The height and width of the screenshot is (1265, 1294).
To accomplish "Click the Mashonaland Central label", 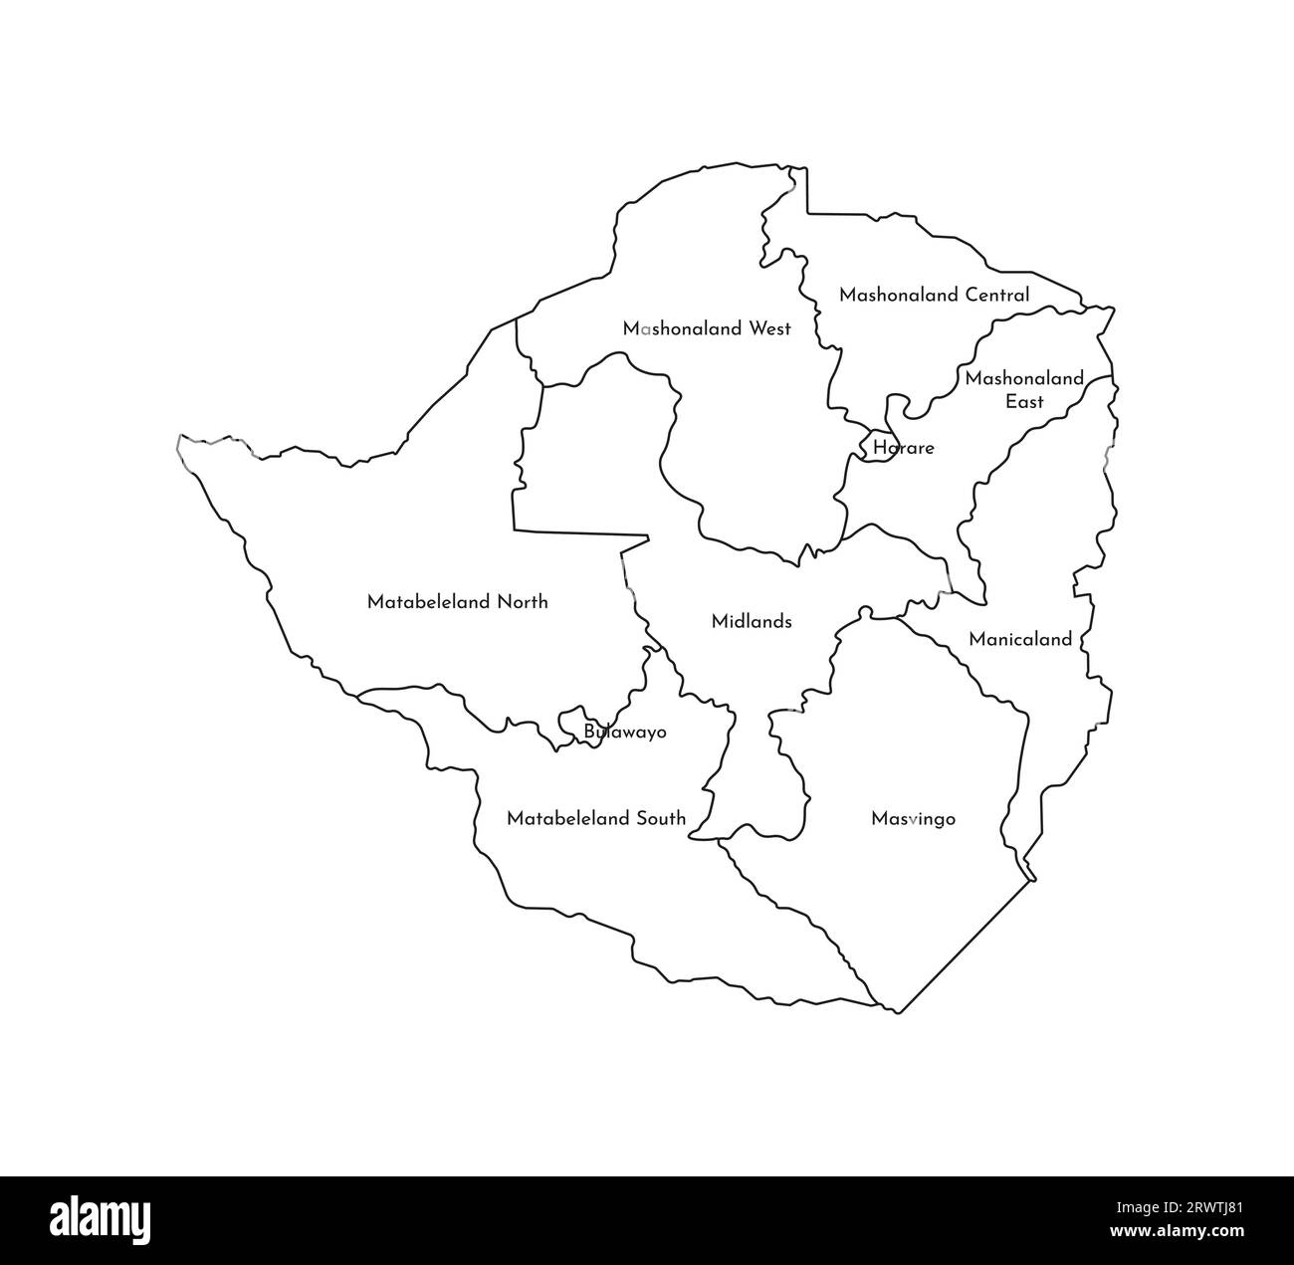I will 934,295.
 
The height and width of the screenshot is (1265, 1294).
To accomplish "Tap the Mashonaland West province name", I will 707,328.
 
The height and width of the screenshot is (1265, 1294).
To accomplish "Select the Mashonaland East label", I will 1023,390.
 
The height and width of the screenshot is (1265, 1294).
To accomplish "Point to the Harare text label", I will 904,448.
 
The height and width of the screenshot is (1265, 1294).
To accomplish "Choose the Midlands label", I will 752,622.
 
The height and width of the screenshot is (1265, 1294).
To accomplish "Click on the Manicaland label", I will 1020,639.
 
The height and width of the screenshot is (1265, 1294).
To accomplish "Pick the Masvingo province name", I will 913,819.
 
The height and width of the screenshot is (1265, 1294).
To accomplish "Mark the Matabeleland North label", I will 457,602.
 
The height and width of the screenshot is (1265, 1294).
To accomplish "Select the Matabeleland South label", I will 596,819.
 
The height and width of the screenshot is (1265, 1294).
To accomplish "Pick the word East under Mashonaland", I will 1024,402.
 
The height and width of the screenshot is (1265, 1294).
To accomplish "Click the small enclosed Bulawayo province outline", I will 571,723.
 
